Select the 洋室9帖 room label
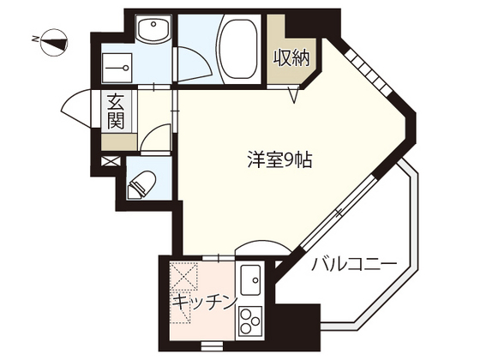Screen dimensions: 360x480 tap(273, 161)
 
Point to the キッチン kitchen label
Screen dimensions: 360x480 tap(204, 302)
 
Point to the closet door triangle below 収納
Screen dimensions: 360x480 tap(293, 93)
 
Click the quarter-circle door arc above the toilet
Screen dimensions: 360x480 tap(155, 139)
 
